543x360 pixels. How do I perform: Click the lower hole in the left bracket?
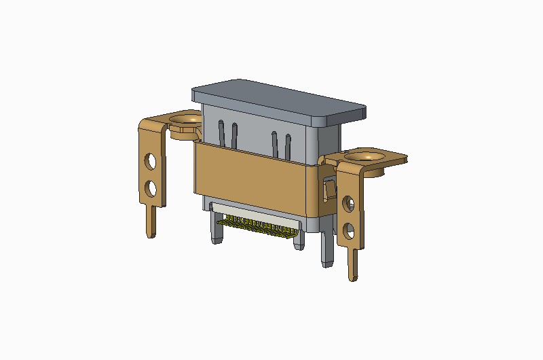coord(151,187)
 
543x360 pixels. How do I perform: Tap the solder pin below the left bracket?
coord(151,221)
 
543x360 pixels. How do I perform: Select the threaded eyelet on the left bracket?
coord(185,122)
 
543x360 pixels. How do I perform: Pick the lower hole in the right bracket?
coord(350,230)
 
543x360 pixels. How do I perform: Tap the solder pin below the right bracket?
coord(353,265)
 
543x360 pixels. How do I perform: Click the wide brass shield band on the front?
coord(255,178)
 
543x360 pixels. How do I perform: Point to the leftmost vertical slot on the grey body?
coord(220,132)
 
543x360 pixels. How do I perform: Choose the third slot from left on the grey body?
coord(275,143)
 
